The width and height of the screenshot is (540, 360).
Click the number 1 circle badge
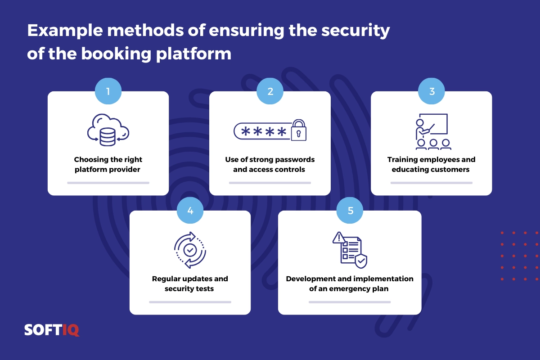tap(108, 91)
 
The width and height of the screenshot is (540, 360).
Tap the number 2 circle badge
tap(270, 91)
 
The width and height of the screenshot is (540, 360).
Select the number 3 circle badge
tap(431, 91)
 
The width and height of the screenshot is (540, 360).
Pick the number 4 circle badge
tap(190, 210)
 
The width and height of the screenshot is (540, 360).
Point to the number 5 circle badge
tap(350, 210)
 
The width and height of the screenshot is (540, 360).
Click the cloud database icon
tap(108, 130)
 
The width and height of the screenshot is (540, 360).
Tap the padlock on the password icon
tap(299, 130)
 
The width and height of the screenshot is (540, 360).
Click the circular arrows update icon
tap(190, 250)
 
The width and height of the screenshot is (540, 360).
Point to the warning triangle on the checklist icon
tap(339, 238)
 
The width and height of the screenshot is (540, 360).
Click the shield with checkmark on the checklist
tap(361, 261)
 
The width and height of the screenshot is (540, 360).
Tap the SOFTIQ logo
tap(52, 330)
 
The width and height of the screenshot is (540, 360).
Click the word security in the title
tap(355, 31)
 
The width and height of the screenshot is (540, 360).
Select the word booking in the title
tap(116, 54)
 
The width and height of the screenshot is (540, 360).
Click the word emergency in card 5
tap(350, 289)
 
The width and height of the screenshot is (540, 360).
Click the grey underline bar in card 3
tap(431, 183)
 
